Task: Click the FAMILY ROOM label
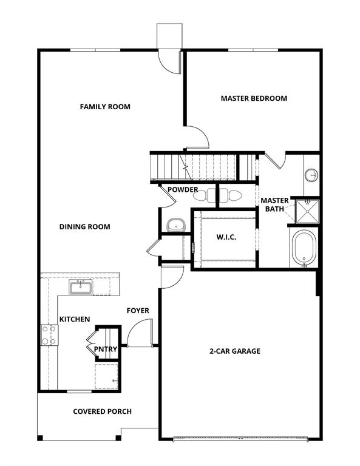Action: (x=105, y=107)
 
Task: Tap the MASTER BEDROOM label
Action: (x=254, y=98)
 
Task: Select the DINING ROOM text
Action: (x=85, y=227)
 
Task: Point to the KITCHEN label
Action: (x=75, y=319)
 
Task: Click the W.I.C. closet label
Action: (x=226, y=237)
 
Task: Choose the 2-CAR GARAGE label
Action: (x=235, y=351)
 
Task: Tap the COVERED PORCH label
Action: (x=102, y=411)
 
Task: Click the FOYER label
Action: (x=138, y=311)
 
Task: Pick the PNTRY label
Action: (x=105, y=349)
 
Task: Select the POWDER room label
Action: (x=183, y=190)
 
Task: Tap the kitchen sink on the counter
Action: (x=80, y=286)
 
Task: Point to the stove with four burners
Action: (x=49, y=335)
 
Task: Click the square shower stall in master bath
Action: (x=306, y=210)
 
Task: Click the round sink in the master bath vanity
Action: (x=311, y=175)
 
